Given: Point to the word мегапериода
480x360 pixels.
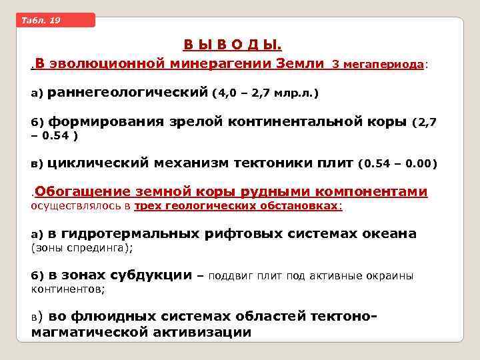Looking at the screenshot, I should (x=384, y=65).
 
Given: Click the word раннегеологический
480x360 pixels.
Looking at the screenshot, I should (x=128, y=93).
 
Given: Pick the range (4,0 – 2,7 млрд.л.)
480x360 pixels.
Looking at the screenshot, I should (x=265, y=94).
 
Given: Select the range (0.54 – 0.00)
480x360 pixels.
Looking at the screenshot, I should (x=397, y=163).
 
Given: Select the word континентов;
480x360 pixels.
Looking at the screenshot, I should (x=68, y=289).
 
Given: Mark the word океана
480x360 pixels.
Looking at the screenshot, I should (x=389, y=233).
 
